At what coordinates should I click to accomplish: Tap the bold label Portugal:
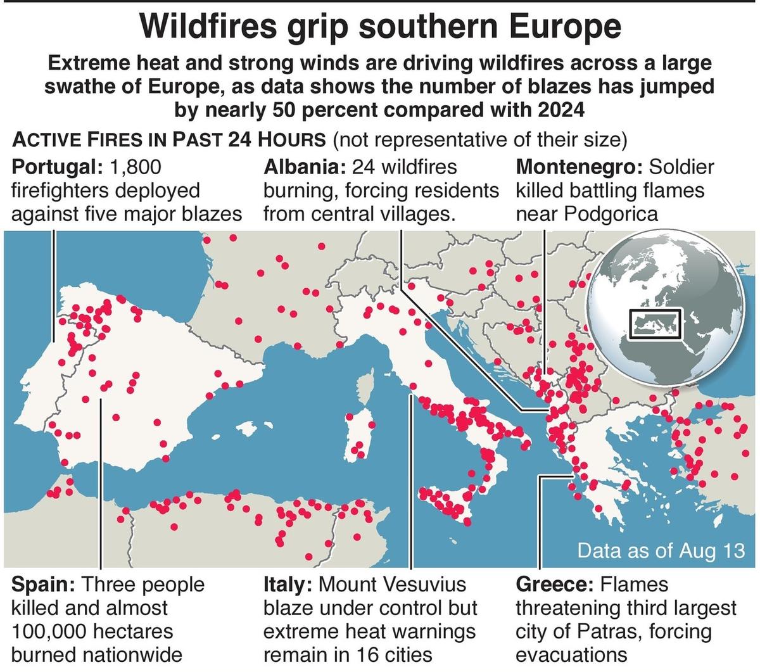point(56,167)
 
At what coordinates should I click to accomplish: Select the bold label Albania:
point(303,167)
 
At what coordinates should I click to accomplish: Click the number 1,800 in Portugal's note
point(136,167)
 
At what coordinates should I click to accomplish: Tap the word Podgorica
point(611,214)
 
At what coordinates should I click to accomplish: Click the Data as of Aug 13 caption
point(661,550)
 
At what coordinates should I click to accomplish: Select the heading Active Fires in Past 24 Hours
point(169,139)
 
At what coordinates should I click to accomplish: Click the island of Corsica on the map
point(365,390)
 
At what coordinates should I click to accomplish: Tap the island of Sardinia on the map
point(358,437)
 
